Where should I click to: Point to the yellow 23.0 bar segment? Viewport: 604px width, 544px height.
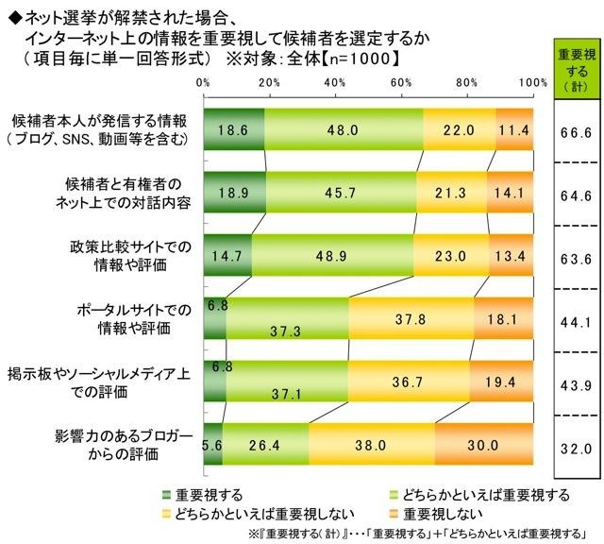(x=451, y=256)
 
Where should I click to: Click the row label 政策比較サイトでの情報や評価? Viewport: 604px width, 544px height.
(x=132, y=256)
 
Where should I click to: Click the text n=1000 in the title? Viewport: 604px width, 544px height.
(x=369, y=57)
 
